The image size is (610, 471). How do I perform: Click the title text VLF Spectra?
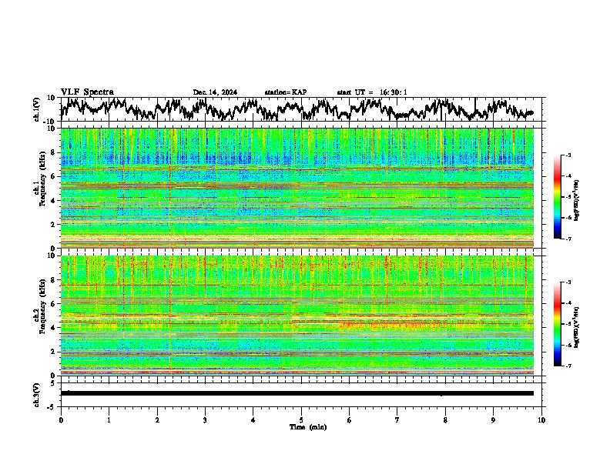(x=87, y=92)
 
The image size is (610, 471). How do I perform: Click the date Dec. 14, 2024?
(x=215, y=92)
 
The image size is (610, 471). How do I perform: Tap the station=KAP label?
(x=285, y=92)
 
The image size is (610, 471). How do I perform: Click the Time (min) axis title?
(x=307, y=426)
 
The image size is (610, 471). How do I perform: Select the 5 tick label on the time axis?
(x=301, y=419)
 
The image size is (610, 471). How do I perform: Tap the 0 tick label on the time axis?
(x=61, y=419)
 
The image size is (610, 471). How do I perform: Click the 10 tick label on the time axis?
(x=541, y=419)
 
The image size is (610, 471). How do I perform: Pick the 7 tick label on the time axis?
(x=397, y=419)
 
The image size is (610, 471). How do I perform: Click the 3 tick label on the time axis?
(x=205, y=419)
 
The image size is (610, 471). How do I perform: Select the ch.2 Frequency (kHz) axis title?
(x=39, y=316)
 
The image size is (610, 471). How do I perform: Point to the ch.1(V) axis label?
(x=37, y=109)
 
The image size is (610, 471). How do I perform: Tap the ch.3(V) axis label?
(x=37, y=392)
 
